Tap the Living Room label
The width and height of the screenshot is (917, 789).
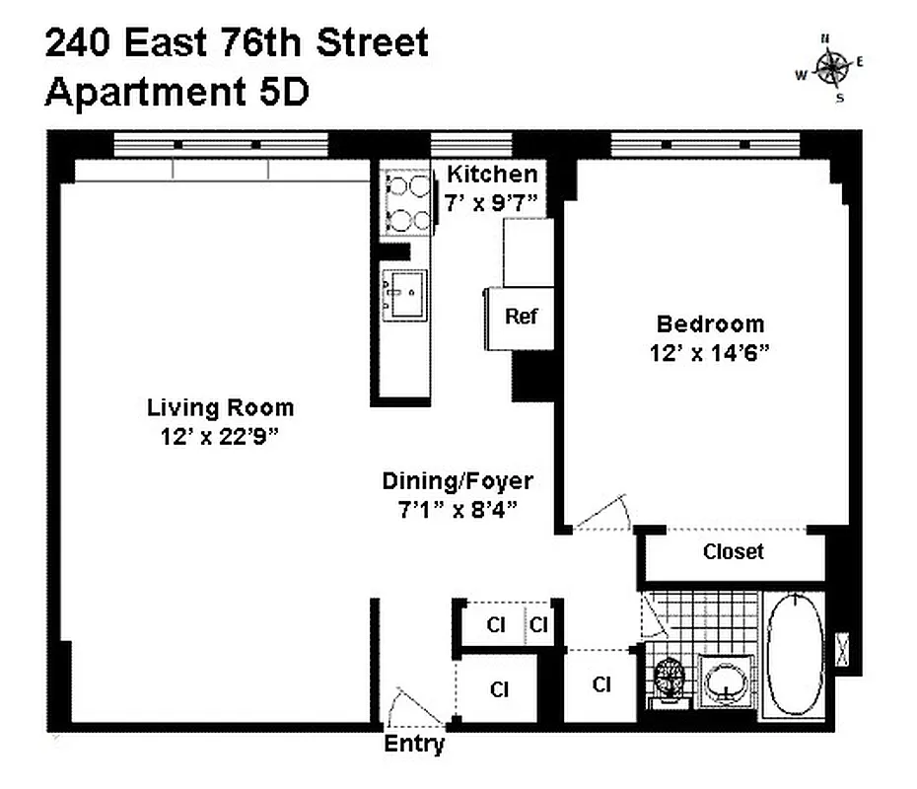point(220,407)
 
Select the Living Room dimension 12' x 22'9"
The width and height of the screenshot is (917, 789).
point(220,437)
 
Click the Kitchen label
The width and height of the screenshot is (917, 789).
point(492,175)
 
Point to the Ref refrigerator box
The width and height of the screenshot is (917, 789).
point(521,317)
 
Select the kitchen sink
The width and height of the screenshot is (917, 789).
point(404,293)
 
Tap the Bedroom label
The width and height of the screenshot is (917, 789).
point(710,323)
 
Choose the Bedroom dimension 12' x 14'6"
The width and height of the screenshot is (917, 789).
point(709,352)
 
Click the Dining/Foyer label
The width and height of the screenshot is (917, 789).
point(458,481)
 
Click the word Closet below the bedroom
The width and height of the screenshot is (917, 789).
point(733,552)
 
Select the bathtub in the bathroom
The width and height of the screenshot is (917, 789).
point(795,653)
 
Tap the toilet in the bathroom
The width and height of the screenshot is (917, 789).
point(670,678)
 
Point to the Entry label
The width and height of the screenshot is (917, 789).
point(413,745)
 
